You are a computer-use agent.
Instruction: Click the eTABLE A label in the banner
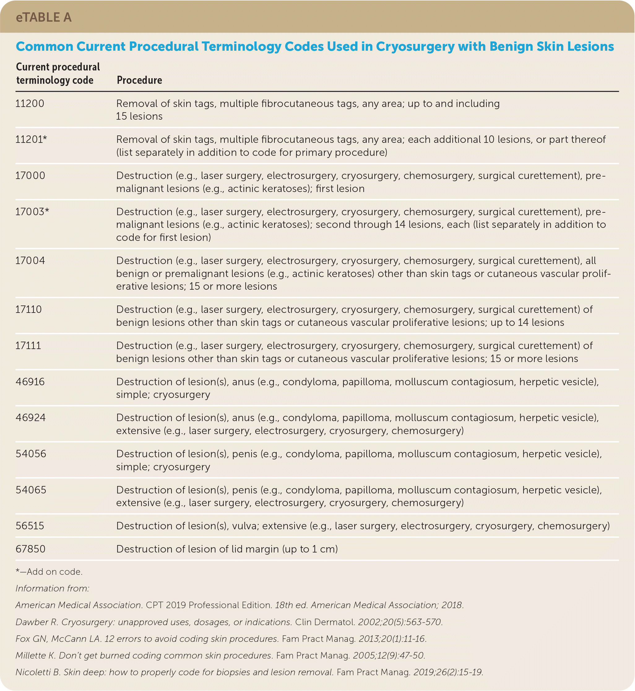[x=44, y=17]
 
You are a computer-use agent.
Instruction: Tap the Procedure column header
[x=139, y=80]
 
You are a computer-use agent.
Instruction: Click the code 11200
[x=30, y=103]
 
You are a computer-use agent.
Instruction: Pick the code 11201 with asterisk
[x=31, y=139]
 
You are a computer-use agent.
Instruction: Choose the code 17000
[x=30, y=175]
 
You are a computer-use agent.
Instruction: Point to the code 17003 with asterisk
[x=32, y=211]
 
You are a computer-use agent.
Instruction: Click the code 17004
[x=30, y=261]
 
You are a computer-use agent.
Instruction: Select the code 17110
[x=28, y=309]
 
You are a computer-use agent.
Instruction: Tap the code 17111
[x=28, y=345]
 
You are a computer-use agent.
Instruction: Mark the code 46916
[x=30, y=382]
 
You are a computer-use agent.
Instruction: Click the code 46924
[x=31, y=417]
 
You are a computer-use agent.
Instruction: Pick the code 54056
[x=31, y=454]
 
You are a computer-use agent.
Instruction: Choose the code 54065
[x=31, y=489]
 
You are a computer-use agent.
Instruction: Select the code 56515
[x=30, y=526]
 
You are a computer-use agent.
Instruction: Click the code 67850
[x=31, y=548]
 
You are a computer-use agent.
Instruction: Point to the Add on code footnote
[x=49, y=572]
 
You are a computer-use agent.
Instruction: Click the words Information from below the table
[x=52, y=588]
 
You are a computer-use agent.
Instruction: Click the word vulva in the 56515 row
[x=245, y=526]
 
